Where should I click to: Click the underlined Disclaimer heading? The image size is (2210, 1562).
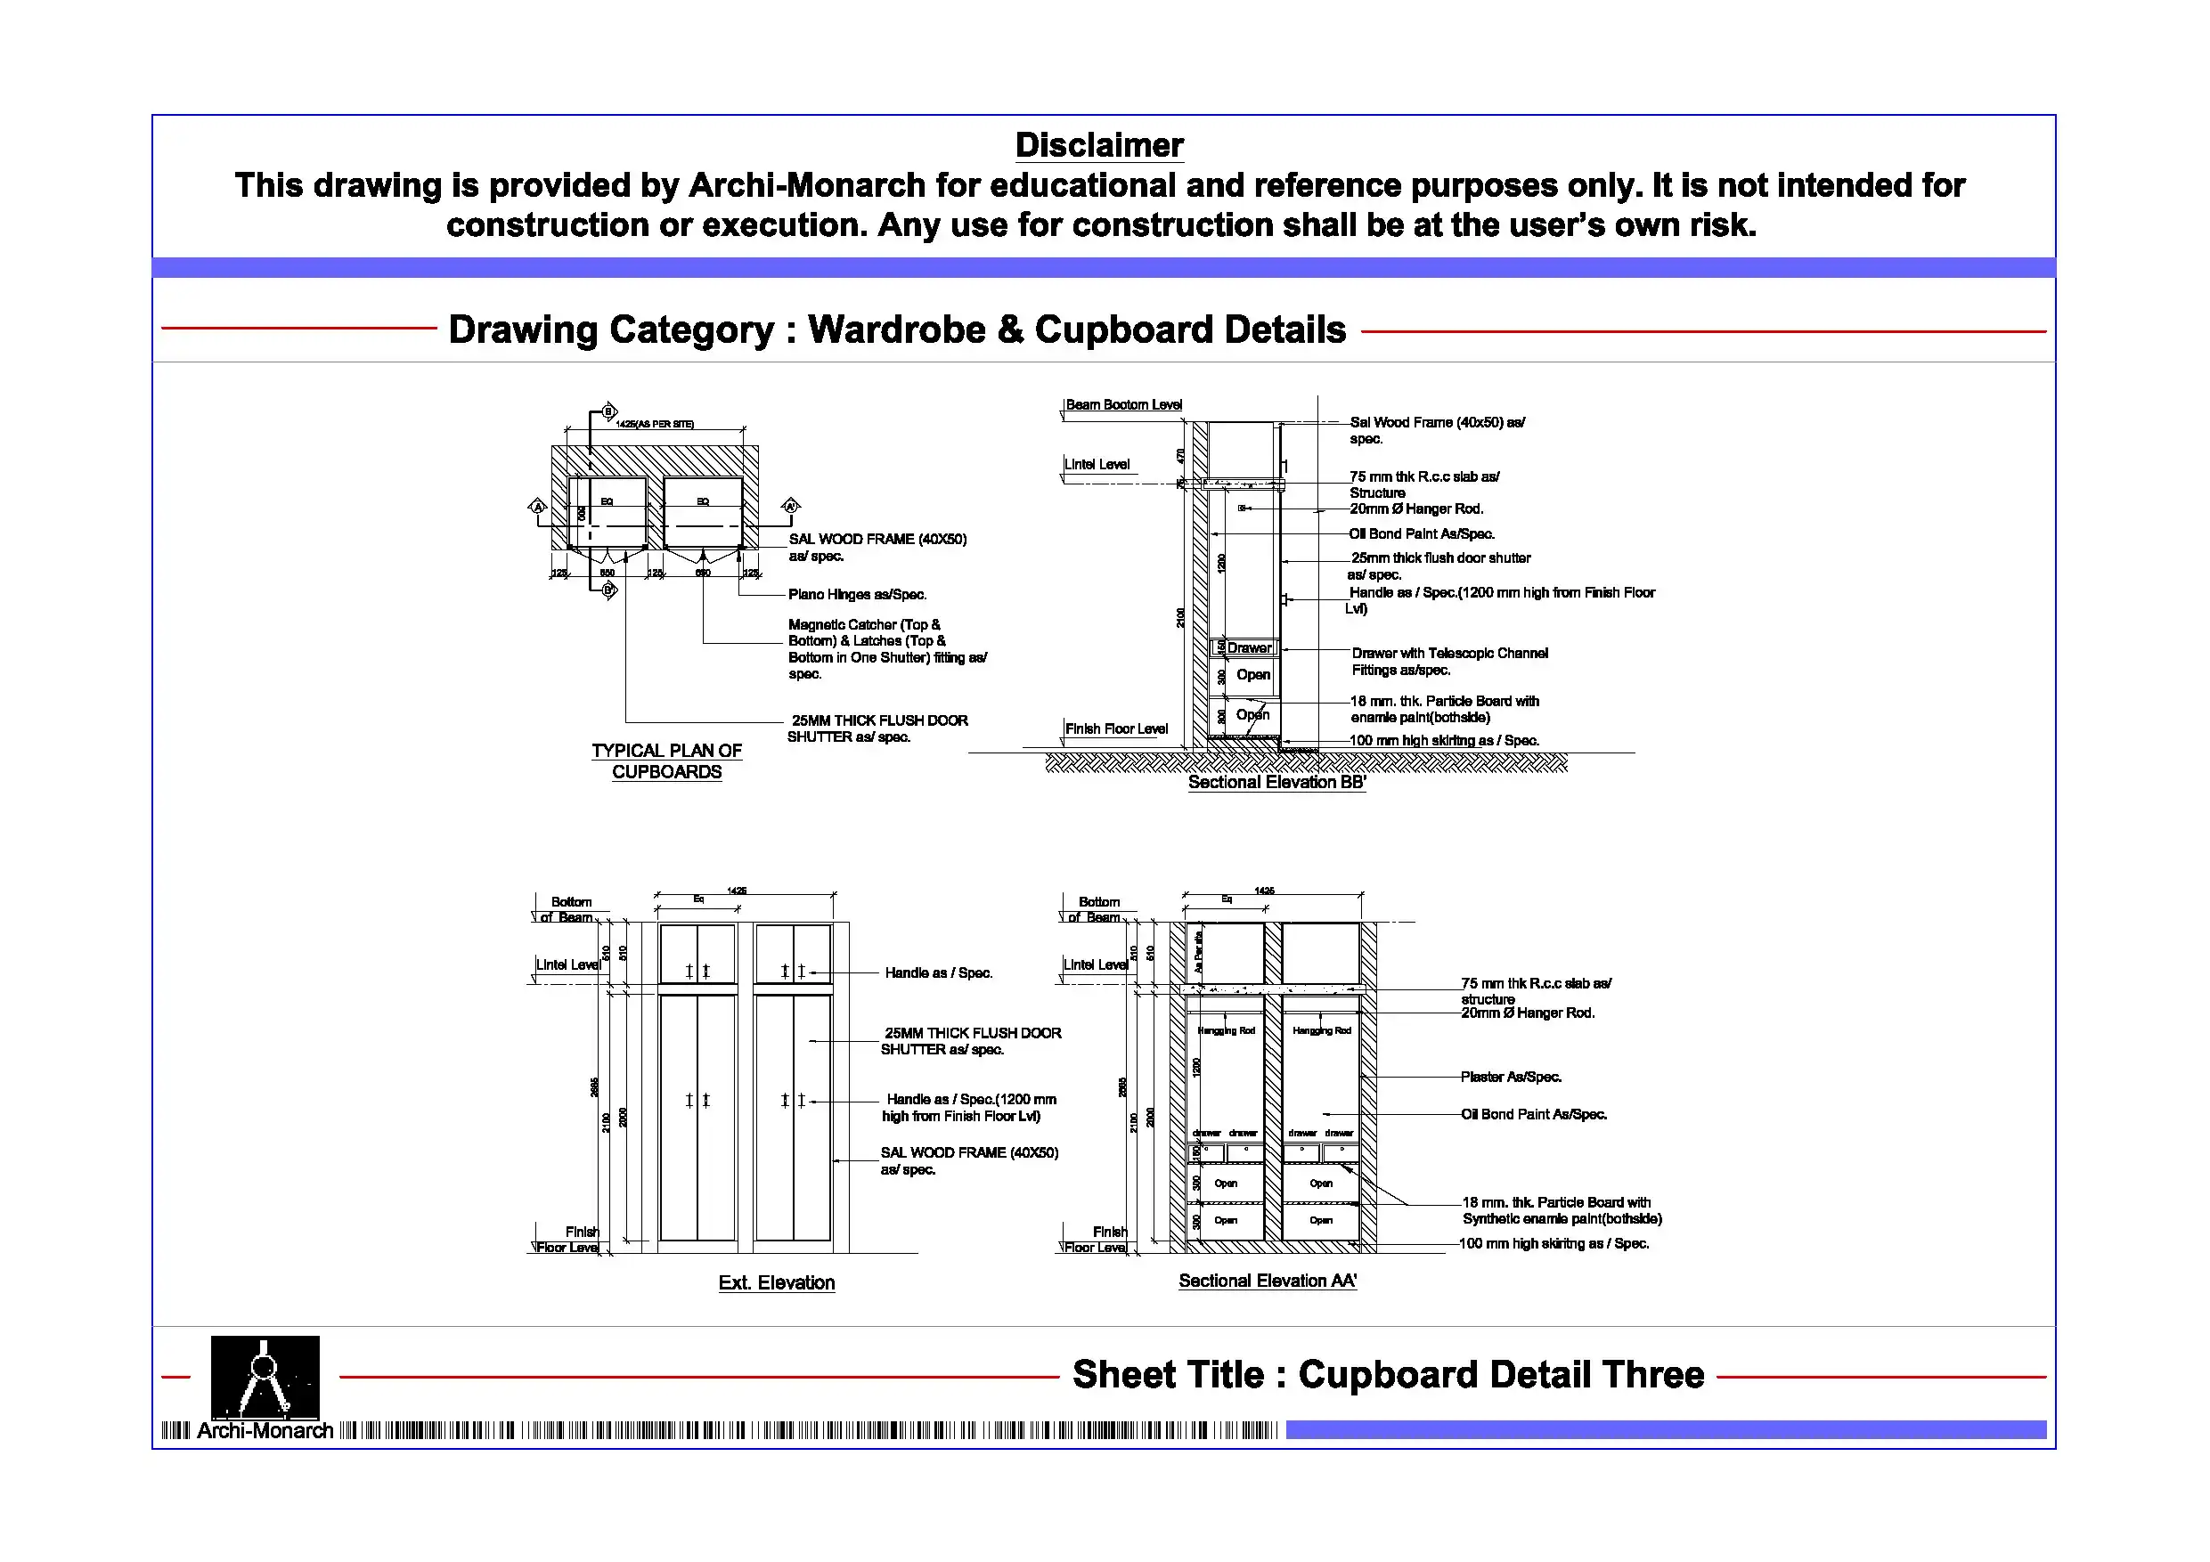(x=1098, y=145)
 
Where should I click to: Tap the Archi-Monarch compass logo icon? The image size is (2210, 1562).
(x=265, y=1376)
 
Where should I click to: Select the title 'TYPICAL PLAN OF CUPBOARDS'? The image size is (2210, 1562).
(x=666, y=761)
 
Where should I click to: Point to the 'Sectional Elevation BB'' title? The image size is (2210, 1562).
(x=1276, y=783)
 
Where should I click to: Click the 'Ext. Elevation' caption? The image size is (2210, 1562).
(x=776, y=1282)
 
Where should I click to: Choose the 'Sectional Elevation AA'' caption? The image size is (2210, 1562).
(x=1267, y=1281)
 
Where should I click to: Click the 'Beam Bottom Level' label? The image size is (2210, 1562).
(x=1123, y=405)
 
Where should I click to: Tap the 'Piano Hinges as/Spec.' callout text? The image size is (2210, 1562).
(x=857, y=595)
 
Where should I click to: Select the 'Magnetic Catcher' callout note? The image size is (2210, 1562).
(x=886, y=648)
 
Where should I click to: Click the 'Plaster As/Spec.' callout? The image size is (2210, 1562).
(x=1510, y=1077)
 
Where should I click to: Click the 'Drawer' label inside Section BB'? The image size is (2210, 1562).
(x=1250, y=647)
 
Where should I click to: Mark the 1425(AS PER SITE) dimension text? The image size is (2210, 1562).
(x=655, y=425)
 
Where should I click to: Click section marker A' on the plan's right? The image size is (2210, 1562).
(x=790, y=506)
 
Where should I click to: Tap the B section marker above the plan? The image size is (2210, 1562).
(x=608, y=412)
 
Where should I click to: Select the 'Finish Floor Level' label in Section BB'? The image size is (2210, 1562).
(x=1115, y=729)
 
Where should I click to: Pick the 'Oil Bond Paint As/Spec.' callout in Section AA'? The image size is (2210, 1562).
(x=1533, y=1114)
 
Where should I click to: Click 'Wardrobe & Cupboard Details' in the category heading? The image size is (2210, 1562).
(x=1076, y=329)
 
